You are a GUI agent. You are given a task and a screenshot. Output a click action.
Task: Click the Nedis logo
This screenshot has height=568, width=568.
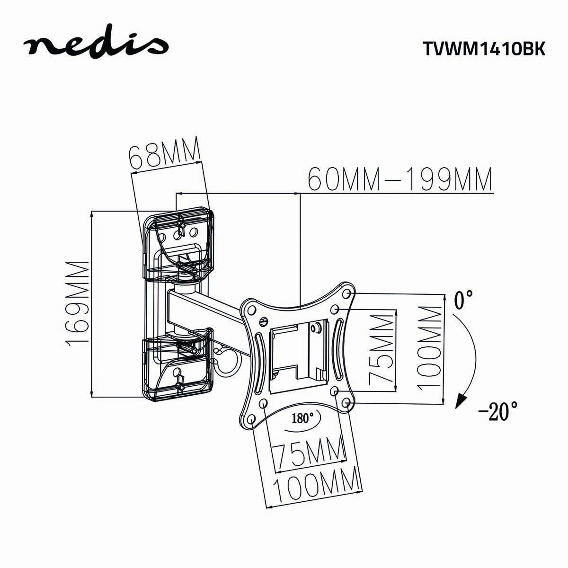coord(97,44)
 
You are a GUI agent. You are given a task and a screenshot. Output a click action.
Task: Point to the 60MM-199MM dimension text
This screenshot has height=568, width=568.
coord(400,178)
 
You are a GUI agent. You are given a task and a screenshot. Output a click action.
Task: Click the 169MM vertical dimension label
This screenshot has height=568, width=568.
coord(79,303)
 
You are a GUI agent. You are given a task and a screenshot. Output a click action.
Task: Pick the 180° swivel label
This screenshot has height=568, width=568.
coord(303,418)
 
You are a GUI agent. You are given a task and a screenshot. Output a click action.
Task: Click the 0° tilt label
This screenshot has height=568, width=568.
coord(464,299)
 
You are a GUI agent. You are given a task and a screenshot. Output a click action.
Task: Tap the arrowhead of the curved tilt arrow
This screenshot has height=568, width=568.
coord(458,402)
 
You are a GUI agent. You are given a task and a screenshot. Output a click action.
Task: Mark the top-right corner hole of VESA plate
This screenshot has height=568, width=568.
coord(348,294)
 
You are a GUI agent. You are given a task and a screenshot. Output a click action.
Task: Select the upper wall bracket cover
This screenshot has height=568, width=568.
coord(178,246)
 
